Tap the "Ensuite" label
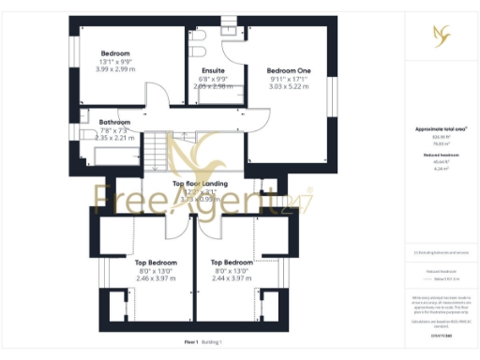(213, 70)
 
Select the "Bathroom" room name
(115, 122)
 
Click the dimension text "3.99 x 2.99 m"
(115, 68)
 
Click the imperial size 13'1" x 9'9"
(115, 61)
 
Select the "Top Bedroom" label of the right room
(232, 262)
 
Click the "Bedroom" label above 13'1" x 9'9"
(115, 53)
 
